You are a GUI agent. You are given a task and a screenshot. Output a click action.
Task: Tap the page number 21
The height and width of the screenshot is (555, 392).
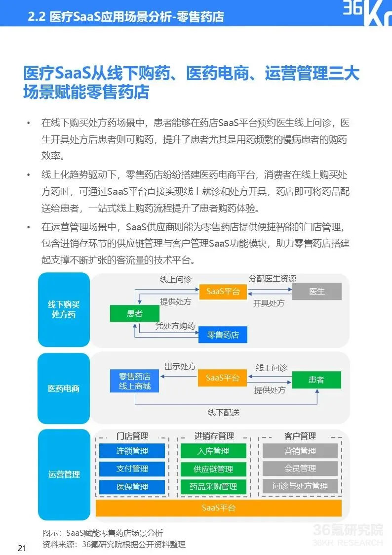tap(22, 548)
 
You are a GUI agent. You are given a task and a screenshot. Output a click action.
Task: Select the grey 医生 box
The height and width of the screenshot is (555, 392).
tap(316, 292)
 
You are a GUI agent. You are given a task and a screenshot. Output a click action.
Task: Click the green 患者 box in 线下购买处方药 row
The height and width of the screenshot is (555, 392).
tap(134, 313)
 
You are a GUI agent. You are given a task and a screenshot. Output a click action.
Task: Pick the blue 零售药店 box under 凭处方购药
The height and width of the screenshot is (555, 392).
tap(223, 335)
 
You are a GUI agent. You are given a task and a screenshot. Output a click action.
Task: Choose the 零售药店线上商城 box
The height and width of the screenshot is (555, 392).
tap(134, 381)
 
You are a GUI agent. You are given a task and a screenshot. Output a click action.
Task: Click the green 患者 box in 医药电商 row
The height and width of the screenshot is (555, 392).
tap(316, 380)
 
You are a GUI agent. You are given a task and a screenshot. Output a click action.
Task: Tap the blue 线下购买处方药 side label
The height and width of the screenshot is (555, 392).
tap(64, 309)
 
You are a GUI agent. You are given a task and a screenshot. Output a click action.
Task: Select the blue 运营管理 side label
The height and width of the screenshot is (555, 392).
tap(64, 474)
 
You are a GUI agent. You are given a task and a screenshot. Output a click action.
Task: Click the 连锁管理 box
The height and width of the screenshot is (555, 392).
tap(132, 451)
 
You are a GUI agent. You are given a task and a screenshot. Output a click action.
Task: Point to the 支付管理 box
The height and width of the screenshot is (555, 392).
tap(132, 469)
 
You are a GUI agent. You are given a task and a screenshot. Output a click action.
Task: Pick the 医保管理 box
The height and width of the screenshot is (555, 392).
tap(132, 486)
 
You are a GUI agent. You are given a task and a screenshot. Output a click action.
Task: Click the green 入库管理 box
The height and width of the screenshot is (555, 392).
tap(213, 451)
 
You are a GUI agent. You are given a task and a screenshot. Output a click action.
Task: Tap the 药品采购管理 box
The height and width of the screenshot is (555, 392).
tap(213, 486)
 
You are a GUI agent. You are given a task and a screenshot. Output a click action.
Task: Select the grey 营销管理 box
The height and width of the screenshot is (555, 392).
tap(300, 451)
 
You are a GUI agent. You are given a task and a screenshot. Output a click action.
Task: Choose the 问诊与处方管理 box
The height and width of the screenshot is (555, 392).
tap(300, 486)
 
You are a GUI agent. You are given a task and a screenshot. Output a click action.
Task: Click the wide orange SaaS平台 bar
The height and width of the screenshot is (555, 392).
tap(218, 508)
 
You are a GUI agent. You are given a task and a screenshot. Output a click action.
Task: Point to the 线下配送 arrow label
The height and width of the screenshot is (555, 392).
tap(223, 412)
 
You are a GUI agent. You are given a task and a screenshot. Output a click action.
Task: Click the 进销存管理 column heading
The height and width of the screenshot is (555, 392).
tap(214, 436)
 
